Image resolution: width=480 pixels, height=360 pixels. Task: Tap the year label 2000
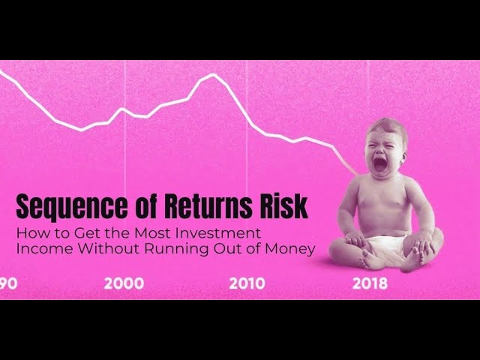point(124,283)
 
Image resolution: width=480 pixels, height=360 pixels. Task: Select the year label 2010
point(247,283)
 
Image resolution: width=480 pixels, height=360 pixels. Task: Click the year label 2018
point(370,283)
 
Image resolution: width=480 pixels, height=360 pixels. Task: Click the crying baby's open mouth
point(380,161)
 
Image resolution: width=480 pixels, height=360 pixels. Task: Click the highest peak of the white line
point(214,74)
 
